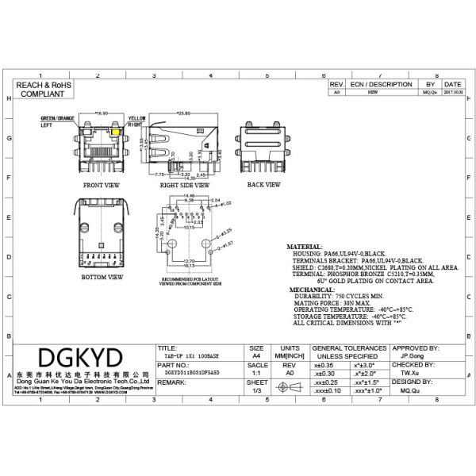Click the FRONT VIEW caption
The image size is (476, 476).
tap(102, 184)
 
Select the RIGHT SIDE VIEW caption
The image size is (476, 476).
tap(182, 184)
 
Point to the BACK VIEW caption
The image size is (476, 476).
tap(263, 184)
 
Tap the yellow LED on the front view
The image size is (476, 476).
tap(117, 130)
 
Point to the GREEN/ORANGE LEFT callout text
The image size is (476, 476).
tap(56, 121)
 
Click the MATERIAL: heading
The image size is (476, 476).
tap(305, 247)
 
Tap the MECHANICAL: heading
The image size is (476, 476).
tap(310, 290)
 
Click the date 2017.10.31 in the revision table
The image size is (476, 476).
tap(453, 92)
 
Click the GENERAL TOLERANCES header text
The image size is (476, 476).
tap(349, 347)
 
